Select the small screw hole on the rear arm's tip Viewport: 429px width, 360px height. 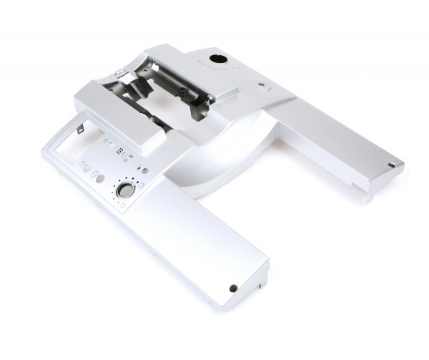coord(390,164)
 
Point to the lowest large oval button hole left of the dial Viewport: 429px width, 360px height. coord(100,178)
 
